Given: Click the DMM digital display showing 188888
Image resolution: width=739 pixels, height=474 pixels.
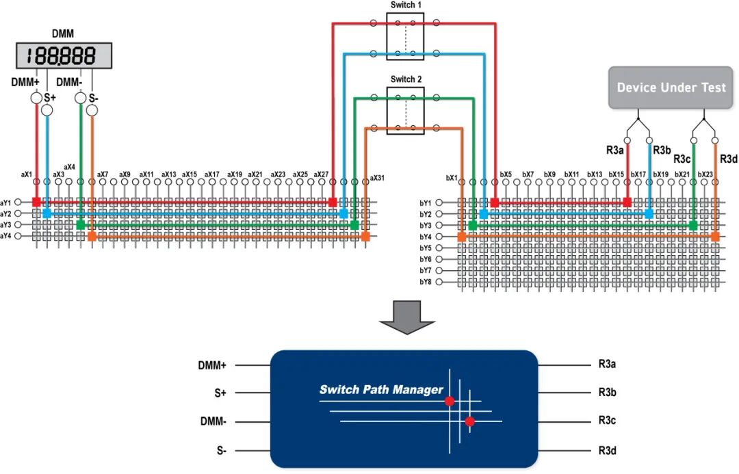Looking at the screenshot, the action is [x=64, y=55].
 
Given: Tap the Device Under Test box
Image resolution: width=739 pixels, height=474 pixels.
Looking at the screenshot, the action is [x=671, y=88].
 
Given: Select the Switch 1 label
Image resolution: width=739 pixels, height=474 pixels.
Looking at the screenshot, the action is [x=406, y=5].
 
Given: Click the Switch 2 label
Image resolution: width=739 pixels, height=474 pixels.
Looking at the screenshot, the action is [x=406, y=79].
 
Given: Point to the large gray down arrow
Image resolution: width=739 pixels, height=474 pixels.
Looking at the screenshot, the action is [x=407, y=317].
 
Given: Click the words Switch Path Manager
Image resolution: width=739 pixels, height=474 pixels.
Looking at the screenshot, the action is [x=381, y=390].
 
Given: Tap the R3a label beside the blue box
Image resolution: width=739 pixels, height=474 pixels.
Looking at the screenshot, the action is [x=607, y=364].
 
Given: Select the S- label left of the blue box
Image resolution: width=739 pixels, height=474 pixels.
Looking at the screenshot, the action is [x=222, y=451].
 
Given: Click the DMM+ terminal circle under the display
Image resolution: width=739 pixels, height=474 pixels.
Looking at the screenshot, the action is [x=36, y=98].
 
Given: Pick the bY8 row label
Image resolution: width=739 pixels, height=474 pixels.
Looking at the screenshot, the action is [x=425, y=282].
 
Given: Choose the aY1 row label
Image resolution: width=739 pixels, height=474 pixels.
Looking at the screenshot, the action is [x=5, y=202].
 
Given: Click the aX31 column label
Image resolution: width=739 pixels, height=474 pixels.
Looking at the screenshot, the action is [x=377, y=178].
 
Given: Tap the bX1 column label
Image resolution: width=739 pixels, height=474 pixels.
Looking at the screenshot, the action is [x=452, y=178].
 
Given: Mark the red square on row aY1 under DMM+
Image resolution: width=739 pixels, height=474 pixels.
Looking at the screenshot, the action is [x=36, y=202].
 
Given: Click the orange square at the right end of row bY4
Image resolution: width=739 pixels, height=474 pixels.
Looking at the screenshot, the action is [x=716, y=237].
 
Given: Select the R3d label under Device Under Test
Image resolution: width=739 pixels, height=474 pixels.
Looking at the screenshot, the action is [x=728, y=159].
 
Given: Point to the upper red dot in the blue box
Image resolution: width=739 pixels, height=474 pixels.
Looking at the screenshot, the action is [x=450, y=401].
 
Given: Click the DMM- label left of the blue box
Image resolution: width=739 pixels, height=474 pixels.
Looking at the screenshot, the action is [x=213, y=421].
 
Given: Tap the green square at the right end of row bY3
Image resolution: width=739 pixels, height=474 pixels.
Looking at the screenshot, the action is [x=693, y=226].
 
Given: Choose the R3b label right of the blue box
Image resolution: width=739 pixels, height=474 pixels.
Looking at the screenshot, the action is [x=607, y=393].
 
